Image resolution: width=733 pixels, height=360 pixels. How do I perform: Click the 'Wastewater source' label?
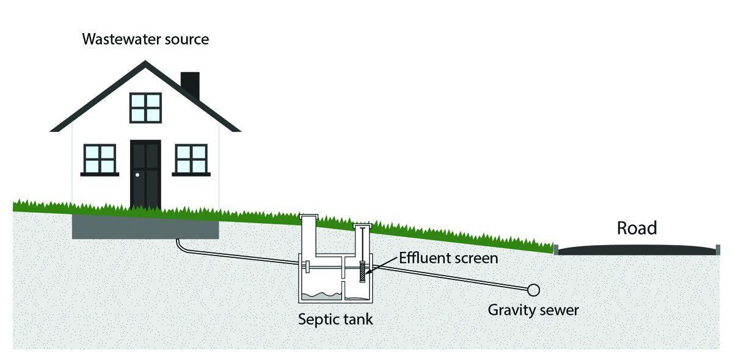(x=145, y=40)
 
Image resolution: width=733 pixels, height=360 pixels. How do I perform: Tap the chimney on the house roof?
(x=190, y=84)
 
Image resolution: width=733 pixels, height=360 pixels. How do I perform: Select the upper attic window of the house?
(x=145, y=108)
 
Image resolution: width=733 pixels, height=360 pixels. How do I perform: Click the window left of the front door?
(x=100, y=159)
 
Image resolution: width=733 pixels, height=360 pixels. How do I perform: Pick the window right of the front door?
(x=191, y=159)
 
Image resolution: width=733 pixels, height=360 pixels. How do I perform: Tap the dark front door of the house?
(x=145, y=174)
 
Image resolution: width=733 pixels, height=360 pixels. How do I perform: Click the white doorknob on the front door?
(x=137, y=175)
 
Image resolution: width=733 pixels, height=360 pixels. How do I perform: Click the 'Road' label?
(x=636, y=228)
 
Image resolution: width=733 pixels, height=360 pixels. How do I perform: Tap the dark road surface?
(x=635, y=249)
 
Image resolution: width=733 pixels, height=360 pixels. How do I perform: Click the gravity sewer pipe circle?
(x=533, y=289)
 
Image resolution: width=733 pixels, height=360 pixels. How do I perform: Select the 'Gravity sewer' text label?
(x=533, y=310)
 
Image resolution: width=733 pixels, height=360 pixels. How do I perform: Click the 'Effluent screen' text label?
(x=448, y=258)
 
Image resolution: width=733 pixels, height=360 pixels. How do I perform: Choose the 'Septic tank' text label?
(x=335, y=319)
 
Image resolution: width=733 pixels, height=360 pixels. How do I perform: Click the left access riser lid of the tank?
(x=316, y=216)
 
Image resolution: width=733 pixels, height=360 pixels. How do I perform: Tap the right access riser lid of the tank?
(x=363, y=227)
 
